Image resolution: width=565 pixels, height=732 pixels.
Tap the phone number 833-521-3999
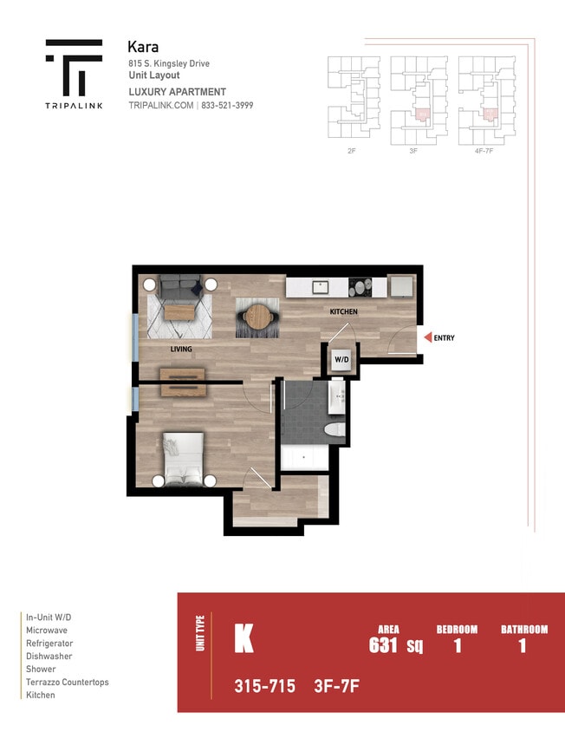pyautogui.click(x=228, y=105)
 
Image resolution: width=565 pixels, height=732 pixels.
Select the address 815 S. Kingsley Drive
pyautogui.click(x=168, y=63)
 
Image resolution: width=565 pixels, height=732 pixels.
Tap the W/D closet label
pyautogui.click(x=341, y=358)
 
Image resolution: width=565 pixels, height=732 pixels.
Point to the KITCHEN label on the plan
pyautogui.click(x=343, y=311)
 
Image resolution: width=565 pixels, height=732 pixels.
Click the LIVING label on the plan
pyautogui.click(x=181, y=350)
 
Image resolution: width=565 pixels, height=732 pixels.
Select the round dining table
pyautogui.click(x=257, y=317)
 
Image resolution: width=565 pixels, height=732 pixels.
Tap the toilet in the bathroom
pyautogui.click(x=334, y=431)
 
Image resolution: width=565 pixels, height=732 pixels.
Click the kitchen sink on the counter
pyautogui.click(x=319, y=285)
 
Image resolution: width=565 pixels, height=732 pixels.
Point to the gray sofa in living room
pyautogui.click(x=179, y=283)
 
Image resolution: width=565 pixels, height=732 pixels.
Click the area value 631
pyautogui.click(x=383, y=646)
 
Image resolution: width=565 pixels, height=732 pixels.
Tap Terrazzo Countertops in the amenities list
pyautogui.click(x=68, y=683)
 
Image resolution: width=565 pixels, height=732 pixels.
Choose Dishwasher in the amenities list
pyautogui.click(x=49, y=657)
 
